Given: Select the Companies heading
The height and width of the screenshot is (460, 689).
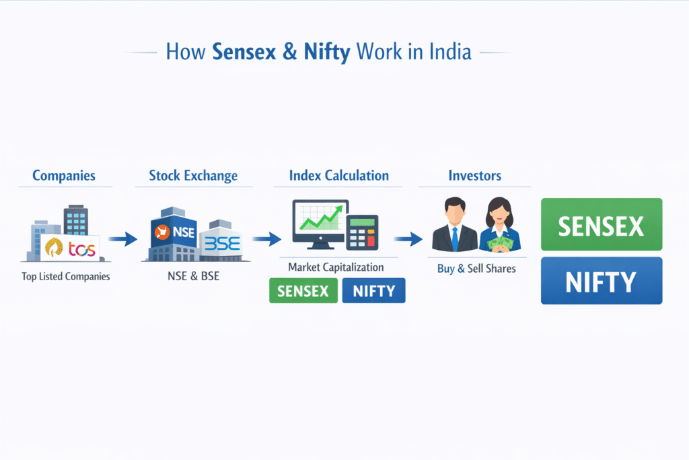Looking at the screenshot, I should tap(64, 176).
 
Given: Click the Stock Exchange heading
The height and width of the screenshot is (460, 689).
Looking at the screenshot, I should tap(193, 176).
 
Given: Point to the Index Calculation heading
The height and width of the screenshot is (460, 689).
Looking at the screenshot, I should tap(338, 175).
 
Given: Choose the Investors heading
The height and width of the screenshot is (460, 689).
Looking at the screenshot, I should tap(474, 176).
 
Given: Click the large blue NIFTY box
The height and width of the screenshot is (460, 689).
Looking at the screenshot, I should tap(602, 280).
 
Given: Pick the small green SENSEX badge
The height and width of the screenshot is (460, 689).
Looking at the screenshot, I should tap(303, 290).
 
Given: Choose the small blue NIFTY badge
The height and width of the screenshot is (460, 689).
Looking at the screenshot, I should tap(373, 290).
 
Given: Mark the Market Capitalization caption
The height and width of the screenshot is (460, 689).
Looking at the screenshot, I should tap(336, 267).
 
